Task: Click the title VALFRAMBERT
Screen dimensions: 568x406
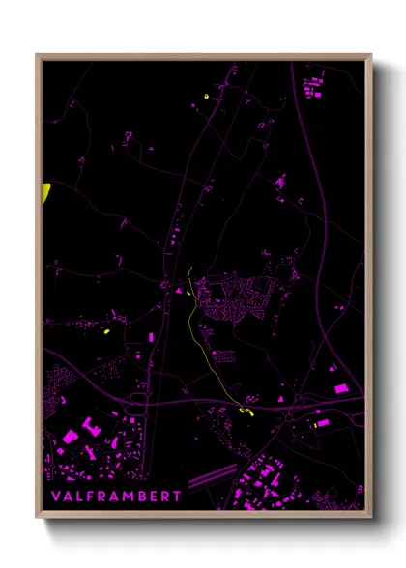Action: point(117,496)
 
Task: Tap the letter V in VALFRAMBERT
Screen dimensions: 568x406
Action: point(56,496)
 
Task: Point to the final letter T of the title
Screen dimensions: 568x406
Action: point(177,496)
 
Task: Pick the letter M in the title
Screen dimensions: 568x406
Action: point(128,496)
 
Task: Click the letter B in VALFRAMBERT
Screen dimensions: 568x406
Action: point(141,496)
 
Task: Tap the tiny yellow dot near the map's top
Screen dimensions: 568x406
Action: point(208,97)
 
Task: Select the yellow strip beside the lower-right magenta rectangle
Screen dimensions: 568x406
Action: point(316,423)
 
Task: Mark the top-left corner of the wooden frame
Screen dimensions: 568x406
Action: point(38,56)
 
